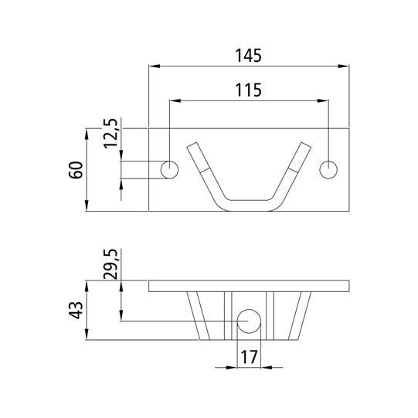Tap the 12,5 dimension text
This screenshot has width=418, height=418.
click(x=111, y=134)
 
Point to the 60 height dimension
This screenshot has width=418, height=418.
click(x=76, y=170)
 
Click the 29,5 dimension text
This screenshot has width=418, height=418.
click(x=111, y=263)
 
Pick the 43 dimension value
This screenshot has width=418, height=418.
click(x=76, y=311)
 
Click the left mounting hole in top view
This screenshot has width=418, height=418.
click(x=169, y=169)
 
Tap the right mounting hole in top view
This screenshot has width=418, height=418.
click(x=330, y=169)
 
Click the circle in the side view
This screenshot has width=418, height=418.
click(x=249, y=321)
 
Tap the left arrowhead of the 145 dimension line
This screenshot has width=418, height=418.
click(x=151, y=67)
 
